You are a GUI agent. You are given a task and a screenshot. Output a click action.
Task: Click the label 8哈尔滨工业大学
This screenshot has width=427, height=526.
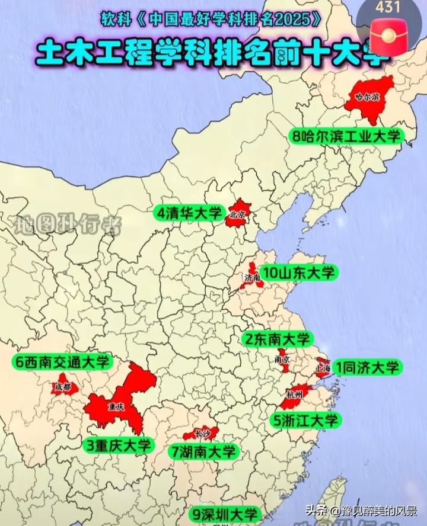pyautogui.click(x=346, y=136)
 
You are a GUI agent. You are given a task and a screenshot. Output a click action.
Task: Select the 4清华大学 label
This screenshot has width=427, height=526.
pyautogui.click(x=188, y=213)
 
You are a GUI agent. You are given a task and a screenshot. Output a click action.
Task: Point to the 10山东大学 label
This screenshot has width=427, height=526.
pyautogui.click(x=299, y=273)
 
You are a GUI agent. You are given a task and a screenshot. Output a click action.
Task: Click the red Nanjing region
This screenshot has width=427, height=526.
pyautogui.click(x=283, y=361)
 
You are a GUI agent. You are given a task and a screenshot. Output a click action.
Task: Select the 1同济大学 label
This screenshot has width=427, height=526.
pyautogui.click(x=367, y=367)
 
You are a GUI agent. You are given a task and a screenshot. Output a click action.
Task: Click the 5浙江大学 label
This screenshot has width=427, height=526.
pyautogui.click(x=306, y=421)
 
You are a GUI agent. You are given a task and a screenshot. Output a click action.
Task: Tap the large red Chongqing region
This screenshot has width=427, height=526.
pyautogui.click(x=119, y=403)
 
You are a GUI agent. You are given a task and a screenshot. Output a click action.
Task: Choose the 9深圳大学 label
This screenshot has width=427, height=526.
pyautogui.click(x=224, y=514)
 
